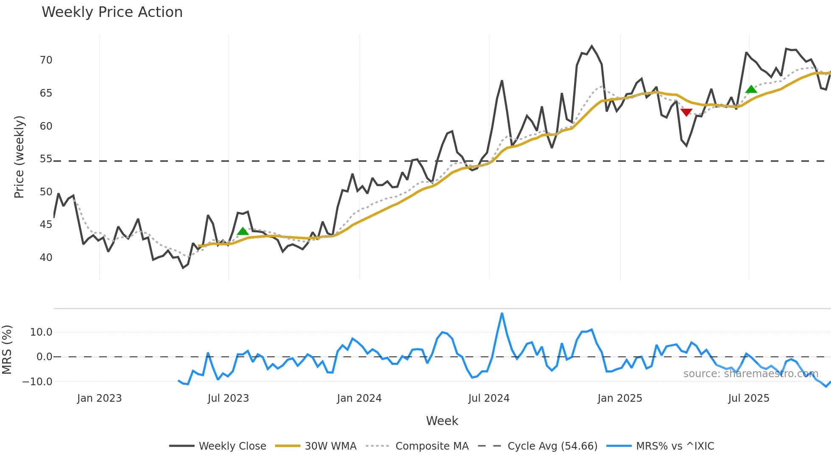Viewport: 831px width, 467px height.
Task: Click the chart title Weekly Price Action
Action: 112,12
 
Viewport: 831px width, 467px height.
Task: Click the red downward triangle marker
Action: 686,112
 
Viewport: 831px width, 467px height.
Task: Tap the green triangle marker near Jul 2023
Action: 243,231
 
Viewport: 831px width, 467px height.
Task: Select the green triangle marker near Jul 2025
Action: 751,89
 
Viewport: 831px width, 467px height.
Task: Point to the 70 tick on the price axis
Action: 46,60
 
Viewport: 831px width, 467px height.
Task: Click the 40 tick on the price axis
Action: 46,258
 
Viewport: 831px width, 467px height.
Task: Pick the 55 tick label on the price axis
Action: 46,159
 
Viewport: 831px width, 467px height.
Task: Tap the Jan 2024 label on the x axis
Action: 359,398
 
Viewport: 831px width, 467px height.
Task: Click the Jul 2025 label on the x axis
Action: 748,398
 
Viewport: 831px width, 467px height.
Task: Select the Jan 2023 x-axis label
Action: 99,398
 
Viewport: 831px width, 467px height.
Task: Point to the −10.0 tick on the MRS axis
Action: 37,382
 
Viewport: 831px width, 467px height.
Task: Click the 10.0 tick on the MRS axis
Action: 41,332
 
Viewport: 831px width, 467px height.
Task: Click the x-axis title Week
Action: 442,421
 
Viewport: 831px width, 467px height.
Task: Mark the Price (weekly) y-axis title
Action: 19,157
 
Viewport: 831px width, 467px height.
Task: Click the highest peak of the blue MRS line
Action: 502,314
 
